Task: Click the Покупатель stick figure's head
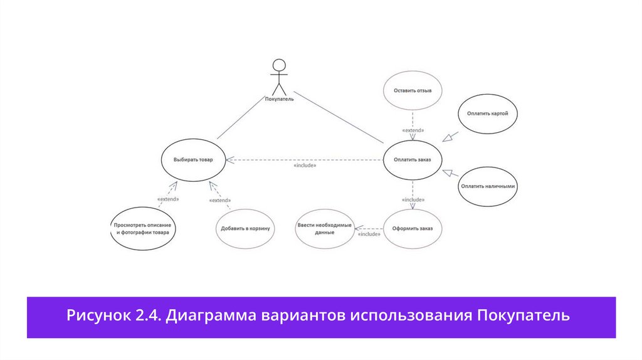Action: coord(279,65)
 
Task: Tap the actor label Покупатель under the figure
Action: coord(279,98)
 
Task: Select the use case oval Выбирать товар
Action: coord(193,160)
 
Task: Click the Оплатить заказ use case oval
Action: coord(413,159)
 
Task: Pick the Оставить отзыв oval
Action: coord(413,90)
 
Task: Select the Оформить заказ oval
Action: coord(413,228)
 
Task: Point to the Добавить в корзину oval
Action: coord(245,228)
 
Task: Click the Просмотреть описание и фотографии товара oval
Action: coord(143,228)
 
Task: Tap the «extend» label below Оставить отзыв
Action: coord(413,130)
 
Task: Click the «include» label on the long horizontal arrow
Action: coord(305,166)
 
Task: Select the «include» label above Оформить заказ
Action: coord(413,199)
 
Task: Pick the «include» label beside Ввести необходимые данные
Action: coord(369,234)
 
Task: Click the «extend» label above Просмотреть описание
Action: coord(168,199)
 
